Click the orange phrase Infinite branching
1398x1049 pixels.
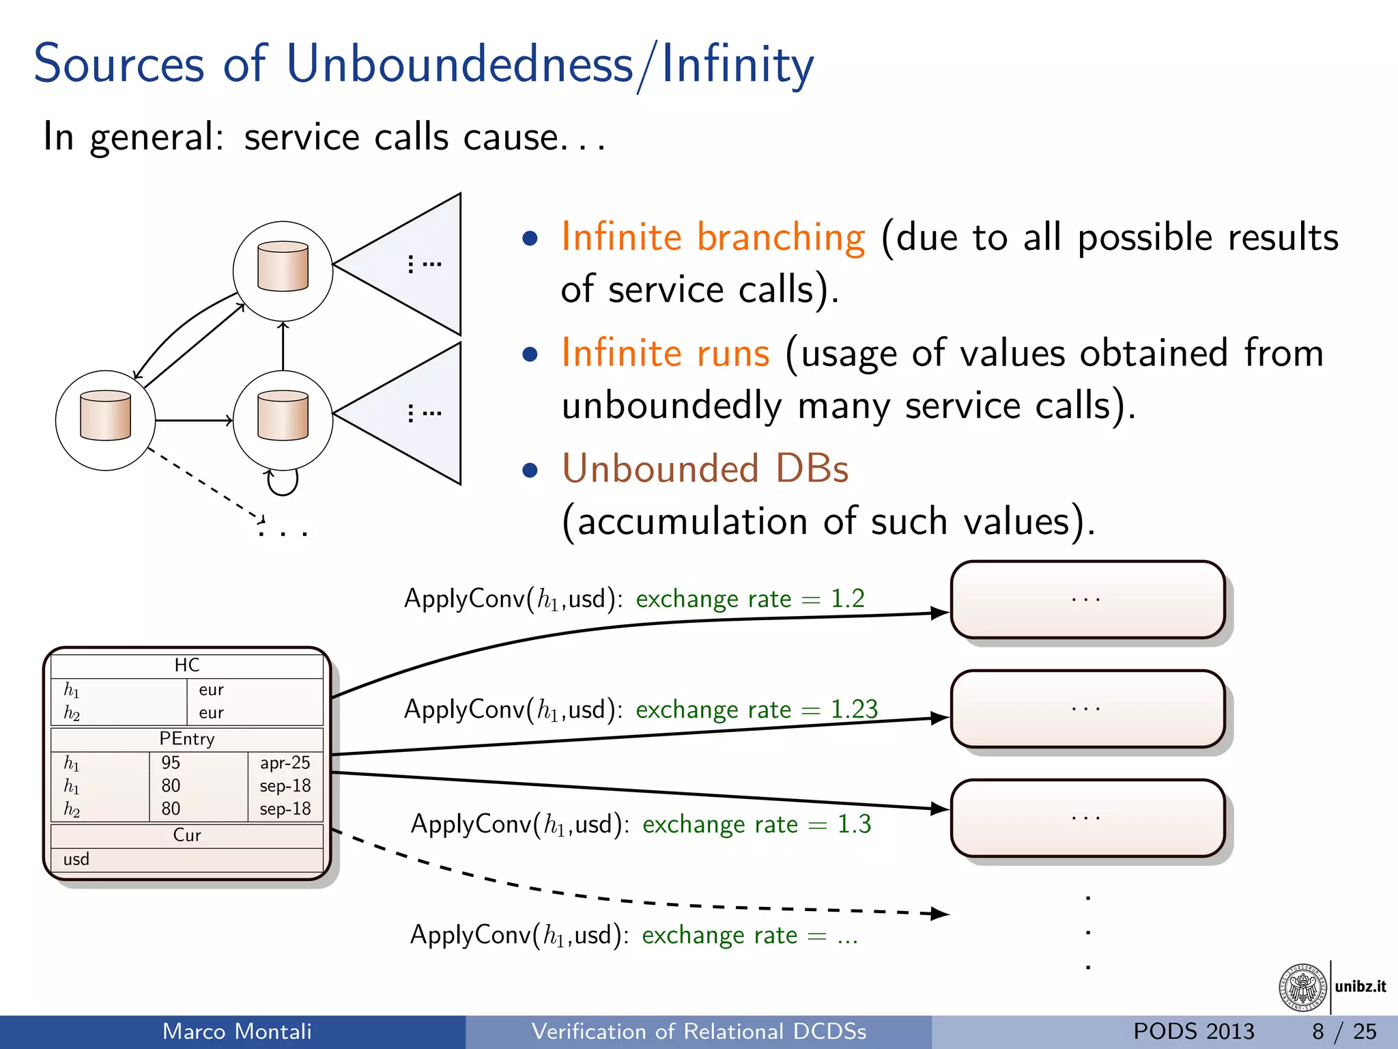[713, 238]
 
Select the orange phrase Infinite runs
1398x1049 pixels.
[666, 354]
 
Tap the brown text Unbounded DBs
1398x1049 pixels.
[705, 469]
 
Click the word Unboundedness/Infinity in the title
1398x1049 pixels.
[550, 64]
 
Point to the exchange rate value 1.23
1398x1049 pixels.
[854, 710]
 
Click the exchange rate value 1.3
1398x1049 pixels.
[854, 824]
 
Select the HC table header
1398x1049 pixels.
[186, 665]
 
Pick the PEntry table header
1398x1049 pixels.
[186, 739]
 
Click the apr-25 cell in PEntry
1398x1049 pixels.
[285, 763]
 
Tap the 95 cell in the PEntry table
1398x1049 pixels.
[171, 763]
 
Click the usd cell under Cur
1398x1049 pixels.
[76, 859]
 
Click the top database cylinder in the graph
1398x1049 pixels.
[283, 266]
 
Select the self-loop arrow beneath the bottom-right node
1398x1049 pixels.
[283, 482]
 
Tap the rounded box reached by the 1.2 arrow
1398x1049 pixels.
[1087, 600]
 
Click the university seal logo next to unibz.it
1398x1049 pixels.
[1302, 988]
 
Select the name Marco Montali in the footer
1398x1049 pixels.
[237, 1031]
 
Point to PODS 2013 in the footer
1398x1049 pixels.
[1193, 1031]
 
